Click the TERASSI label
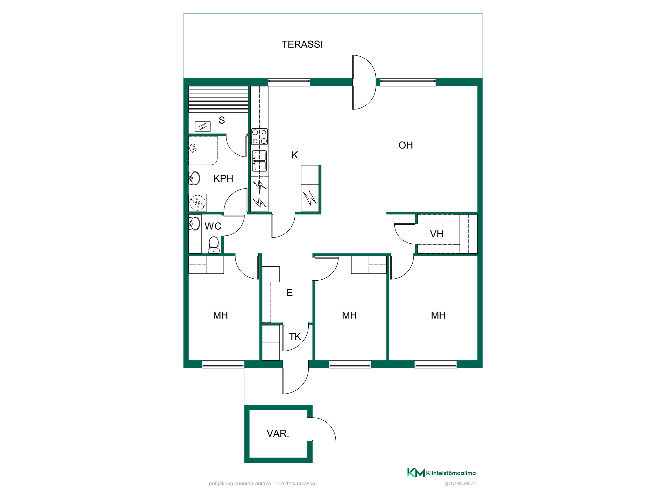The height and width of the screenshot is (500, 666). tap(302, 44)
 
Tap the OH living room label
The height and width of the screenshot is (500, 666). tap(406, 145)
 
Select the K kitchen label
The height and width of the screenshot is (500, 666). tap(295, 155)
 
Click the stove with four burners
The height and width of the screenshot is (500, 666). tap(259, 137)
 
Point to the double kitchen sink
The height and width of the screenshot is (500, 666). tap(259, 161)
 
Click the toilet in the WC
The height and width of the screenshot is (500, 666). tap(214, 245)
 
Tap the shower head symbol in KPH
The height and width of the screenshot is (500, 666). tap(193, 148)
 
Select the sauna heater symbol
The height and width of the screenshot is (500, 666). tap(202, 126)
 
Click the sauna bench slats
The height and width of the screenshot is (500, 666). tap(218, 99)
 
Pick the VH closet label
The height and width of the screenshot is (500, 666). tap(437, 234)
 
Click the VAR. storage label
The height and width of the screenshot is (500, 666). tap(278, 433)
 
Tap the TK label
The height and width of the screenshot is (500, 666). tap(295, 337)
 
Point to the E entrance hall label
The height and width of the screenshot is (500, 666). tap(290, 293)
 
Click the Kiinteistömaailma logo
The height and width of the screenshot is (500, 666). tap(442, 473)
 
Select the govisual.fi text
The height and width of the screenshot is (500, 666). tap(460, 483)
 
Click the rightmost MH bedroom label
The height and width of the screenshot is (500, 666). tap(438, 315)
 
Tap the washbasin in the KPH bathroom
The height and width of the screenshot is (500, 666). tap(194, 178)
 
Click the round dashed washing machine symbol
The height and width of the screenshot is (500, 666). tap(197, 203)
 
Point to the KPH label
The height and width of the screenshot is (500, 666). tap(223, 179)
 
